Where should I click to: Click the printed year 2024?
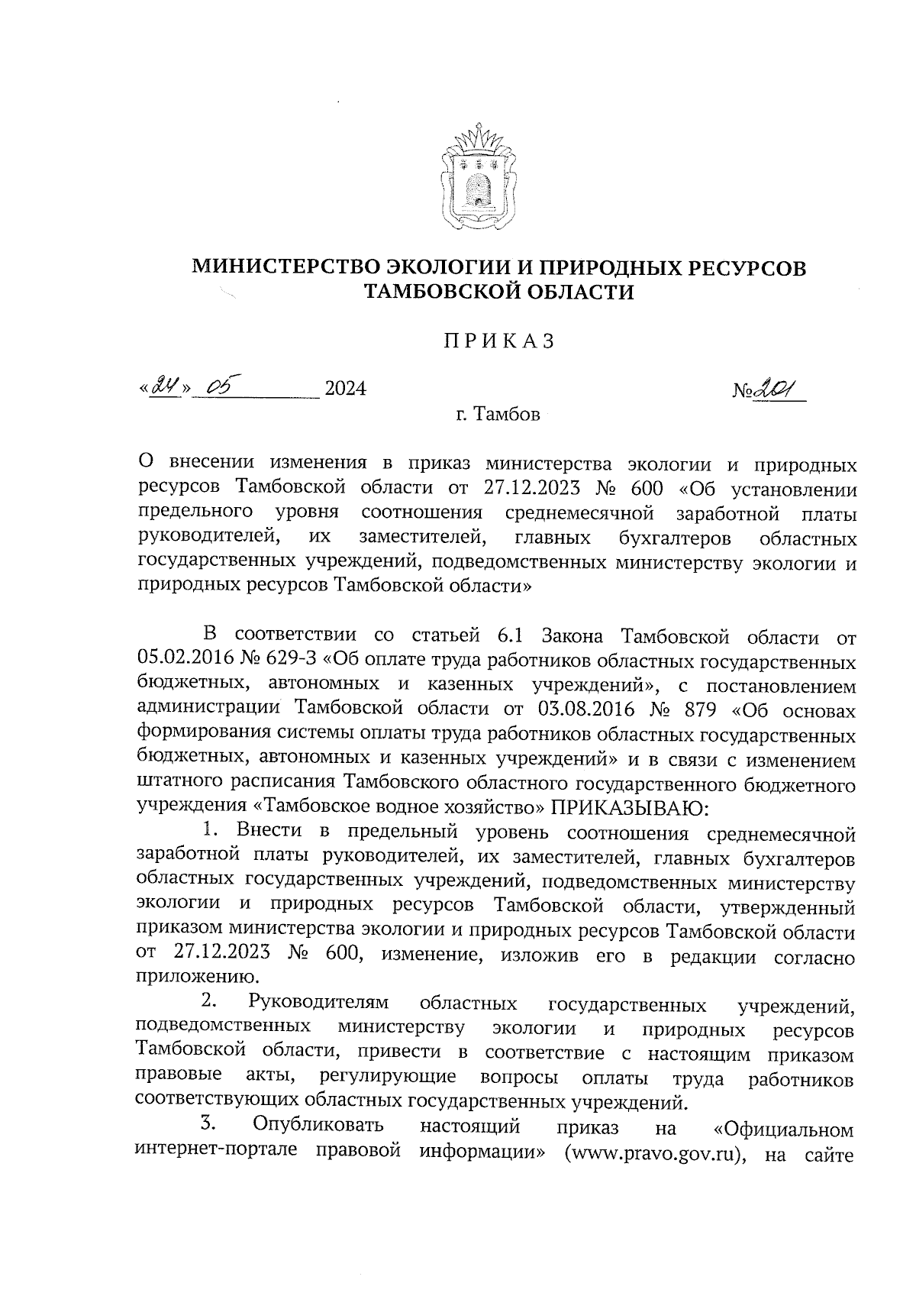point(345,389)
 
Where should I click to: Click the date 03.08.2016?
point(586,709)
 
